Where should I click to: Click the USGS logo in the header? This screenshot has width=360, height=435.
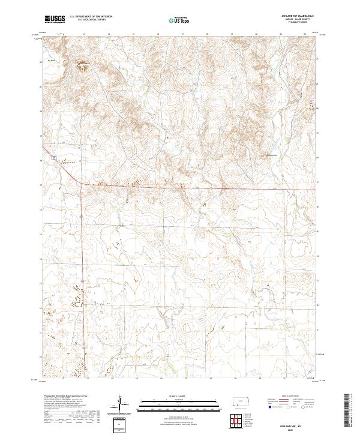pos(55,20)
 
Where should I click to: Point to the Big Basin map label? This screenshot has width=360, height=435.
pos(51,61)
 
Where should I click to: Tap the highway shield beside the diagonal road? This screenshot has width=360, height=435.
pos(53,157)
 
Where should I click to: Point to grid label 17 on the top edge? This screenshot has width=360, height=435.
pos(182,34)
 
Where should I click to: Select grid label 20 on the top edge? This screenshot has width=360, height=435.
pos(256,34)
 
